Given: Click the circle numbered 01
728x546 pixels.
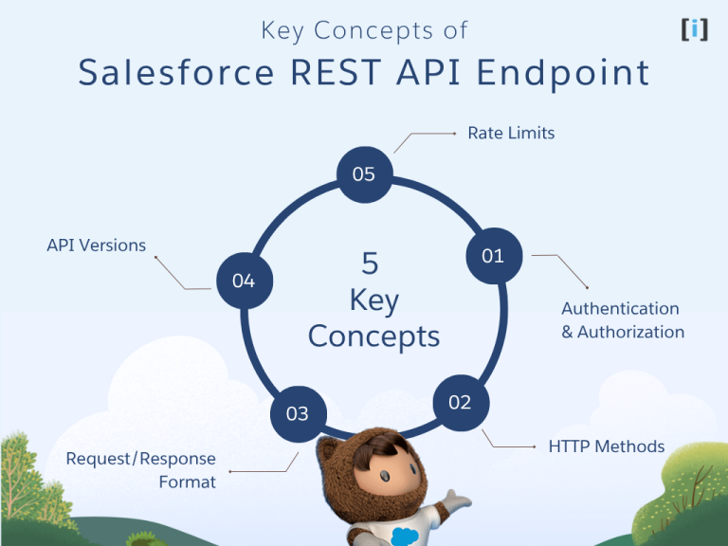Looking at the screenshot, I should click(494, 256).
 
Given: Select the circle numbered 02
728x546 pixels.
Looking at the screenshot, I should click(460, 403).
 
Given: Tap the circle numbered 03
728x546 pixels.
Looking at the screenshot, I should click(297, 413).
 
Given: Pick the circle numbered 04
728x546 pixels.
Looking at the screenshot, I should click(244, 281).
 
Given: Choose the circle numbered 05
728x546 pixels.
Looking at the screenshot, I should click(364, 174).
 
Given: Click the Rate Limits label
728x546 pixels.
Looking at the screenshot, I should click(511, 134).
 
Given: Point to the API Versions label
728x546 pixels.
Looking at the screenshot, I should click(97, 246).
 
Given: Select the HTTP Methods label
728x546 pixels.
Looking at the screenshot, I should click(607, 446).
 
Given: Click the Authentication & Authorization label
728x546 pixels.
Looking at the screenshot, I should click(622, 320).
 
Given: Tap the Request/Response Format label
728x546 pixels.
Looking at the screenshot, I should click(141, 470).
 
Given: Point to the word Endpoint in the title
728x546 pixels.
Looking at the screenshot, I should click(567, 73).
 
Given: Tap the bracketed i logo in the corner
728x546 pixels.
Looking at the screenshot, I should click(694, 29).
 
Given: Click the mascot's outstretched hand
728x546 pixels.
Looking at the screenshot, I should click(459, 500).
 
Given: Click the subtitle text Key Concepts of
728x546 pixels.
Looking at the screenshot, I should click(364, 30).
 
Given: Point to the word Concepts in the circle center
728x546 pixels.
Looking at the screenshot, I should click(373, 336).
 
